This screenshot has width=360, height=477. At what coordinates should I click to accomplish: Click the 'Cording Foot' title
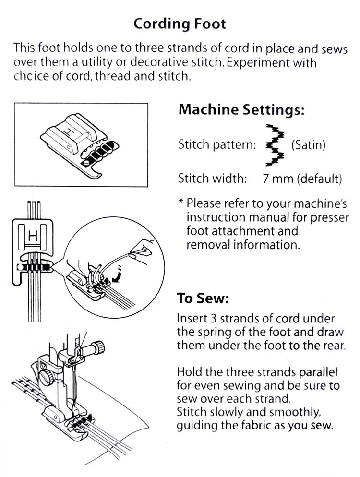[180, 24]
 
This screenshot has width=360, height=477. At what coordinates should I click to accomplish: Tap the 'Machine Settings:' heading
[241, 109]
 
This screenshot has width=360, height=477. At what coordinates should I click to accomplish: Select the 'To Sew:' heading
[203, 298]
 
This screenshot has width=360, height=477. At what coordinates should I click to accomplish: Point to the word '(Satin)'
[308, 144]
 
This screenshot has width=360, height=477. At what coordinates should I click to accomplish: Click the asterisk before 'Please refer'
[180, 202]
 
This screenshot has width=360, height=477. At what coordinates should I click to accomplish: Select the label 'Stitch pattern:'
[216, 144]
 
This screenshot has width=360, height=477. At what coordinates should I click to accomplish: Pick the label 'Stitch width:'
[212, 179]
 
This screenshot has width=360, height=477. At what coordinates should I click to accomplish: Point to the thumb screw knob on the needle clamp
[99, 345]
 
